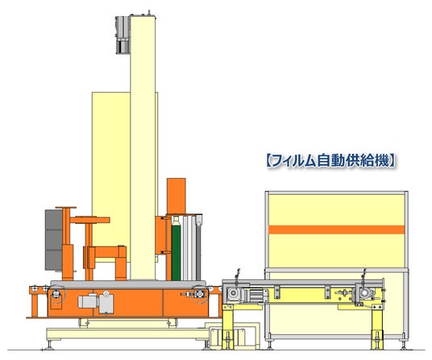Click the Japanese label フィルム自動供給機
(330, 161)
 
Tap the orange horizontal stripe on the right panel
(336, 230)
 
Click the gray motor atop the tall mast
(123, 35)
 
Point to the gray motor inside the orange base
(96, 302)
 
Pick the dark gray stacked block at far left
(53, 240)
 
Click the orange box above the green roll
(176, 196)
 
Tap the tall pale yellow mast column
(143, 147)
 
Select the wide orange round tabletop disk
(89, 220)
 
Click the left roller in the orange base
(56, 294)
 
